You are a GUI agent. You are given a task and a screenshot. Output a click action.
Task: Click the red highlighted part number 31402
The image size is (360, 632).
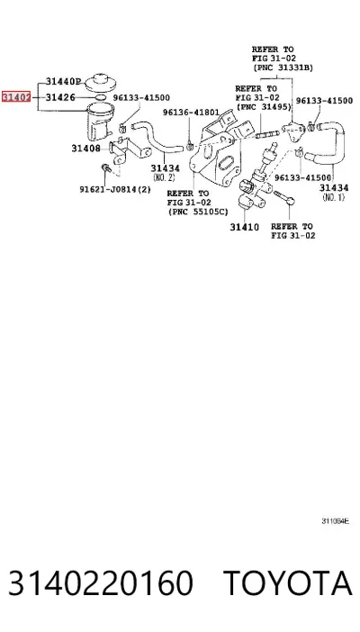pyautogui.click(x=16, y=97)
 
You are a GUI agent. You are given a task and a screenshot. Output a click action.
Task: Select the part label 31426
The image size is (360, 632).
pyautogui.click(x=60, y=97)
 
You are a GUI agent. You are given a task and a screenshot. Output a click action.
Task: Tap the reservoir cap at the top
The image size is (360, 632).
pyautogui.click(x=101, y=82)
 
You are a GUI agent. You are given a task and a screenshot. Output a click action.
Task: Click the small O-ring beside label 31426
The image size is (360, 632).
pyautogui.click(x=101, y=97)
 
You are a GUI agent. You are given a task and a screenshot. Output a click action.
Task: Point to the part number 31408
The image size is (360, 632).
pyautogui.click(x=85, y=149)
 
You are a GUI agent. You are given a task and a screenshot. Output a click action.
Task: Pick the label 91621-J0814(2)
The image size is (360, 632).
pyautogui.click(x=115, y=189)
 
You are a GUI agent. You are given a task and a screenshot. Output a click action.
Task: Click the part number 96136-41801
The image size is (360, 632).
pyautogui.click(x=191, y=113)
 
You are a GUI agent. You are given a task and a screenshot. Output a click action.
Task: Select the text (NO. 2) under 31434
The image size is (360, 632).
pyautogui.click(x=165, y=177)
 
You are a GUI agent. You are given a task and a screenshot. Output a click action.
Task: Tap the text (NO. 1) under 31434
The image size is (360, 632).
pyautogui.click(x=334, y=197)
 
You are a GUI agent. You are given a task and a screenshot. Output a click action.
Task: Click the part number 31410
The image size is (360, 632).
pyautogui.click(x=244, y=228)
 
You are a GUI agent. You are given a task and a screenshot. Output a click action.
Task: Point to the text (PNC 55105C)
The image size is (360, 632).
pyautogui.click(x=198, y=212)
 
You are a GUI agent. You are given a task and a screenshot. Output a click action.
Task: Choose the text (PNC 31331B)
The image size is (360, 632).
pyautogui.click(x=283, y=68)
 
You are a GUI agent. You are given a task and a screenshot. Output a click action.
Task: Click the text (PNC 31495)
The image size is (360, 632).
pyautogui.click(x=264, y=107)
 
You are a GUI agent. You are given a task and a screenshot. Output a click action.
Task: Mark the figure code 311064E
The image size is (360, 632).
pyautogui.click(x=335, y=521)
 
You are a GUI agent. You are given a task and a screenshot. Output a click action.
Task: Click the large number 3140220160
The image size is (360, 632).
pyautogui.click(x=101, y=582)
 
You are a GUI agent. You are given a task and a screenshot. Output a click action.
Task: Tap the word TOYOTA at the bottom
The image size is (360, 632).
pyautogui.click(x=288, y=582)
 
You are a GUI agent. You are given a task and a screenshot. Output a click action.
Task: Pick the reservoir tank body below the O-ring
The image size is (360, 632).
pyautogui.click(x=98, y=120)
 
